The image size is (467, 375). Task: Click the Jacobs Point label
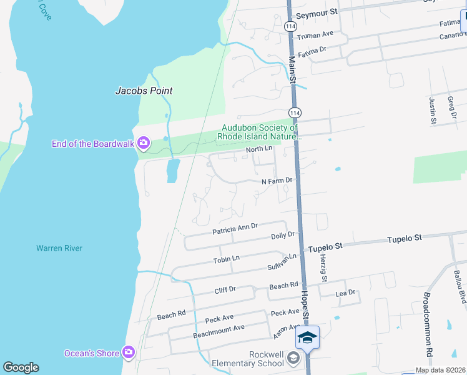pyautogui.click(x=144, y=91)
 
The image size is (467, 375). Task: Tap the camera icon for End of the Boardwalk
pyautogui.click(x=144, y=144)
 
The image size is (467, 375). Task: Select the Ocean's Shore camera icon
pyautogui.click(x=129, y=353)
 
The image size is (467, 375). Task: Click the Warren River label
pyautogui.click(x=59, y=248)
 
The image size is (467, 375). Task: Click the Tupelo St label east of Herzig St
pyautogui.click(x=405, y=238)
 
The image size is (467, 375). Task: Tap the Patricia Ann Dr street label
pyautogui.click(x=235, y=229)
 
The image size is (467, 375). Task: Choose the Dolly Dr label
pyautogui.click(x=282, y=236)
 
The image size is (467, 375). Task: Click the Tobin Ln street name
pyautogui.click(x=226, y=259)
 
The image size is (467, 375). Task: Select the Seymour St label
pyautogui.click(x=317, y=12)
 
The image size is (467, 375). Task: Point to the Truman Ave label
pyautogui.click(x=315, y=34)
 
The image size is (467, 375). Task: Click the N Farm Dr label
pyautogui.click(x=277, y=181)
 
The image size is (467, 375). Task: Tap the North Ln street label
pyautogui.click(x=259, y=149)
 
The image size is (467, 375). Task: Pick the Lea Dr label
pyautogui.click(x=345, y=292)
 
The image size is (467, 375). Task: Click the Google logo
pyautogui.click(x=21, y=367)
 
